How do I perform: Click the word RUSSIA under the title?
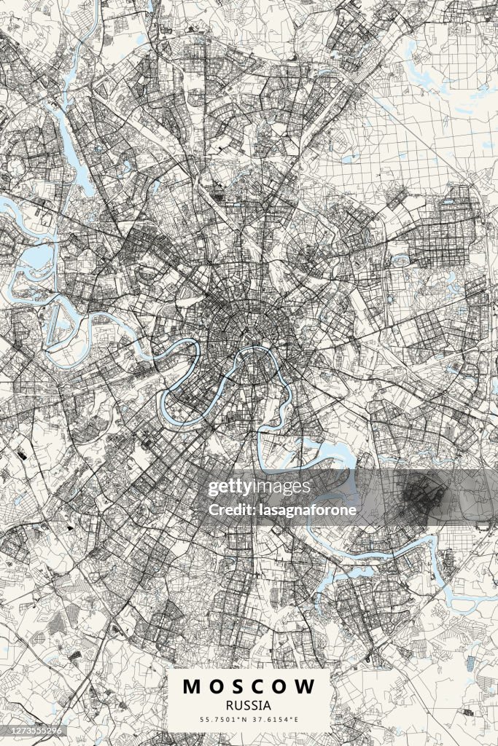[249, 705]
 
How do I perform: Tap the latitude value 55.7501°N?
[224, 720]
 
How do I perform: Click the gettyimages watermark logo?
[259, 487]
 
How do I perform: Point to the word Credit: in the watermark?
[230, 510]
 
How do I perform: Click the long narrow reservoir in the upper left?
[71, 149]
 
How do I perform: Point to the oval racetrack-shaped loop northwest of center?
[150, 274]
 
